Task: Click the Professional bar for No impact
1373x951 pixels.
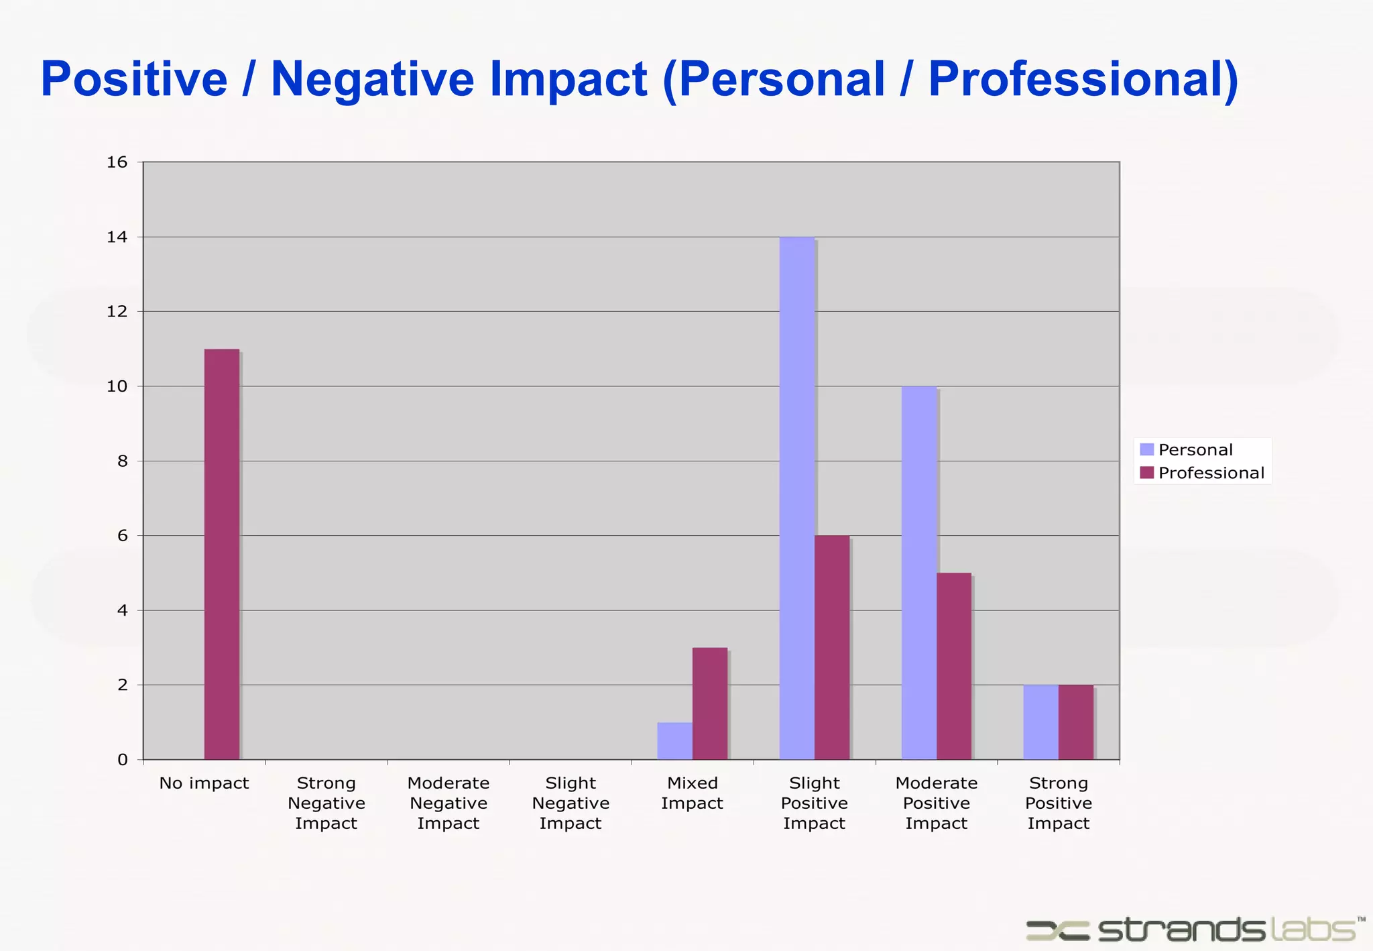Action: [222, 554]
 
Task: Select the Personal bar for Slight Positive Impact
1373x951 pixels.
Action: [796, 498]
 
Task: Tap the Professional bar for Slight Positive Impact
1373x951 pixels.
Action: [832, 647]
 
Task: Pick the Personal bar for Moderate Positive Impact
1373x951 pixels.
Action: [918, 573]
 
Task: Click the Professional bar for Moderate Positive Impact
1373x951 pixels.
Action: [954, 666]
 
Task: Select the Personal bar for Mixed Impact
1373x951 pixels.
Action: [674, 741]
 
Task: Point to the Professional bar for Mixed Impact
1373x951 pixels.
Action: [710, 704]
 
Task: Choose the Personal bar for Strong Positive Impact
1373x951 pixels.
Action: [1040, 722]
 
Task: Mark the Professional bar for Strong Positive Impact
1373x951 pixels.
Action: [1076, 722]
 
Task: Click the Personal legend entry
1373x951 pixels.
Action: [1187, 449]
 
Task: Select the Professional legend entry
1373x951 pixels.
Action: [1202, 473]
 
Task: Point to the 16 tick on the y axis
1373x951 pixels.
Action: [117, 162]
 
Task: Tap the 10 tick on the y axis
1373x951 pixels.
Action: [117, 386]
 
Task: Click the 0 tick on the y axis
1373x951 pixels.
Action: [122, 760]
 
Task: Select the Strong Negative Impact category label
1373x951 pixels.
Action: [326, 803]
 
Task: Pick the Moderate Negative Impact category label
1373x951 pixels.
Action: [449, 803]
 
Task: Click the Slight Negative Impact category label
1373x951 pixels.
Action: [571, 803]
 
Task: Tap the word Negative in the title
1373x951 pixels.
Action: [372, 79]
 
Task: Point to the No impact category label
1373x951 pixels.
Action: [204, 783]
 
